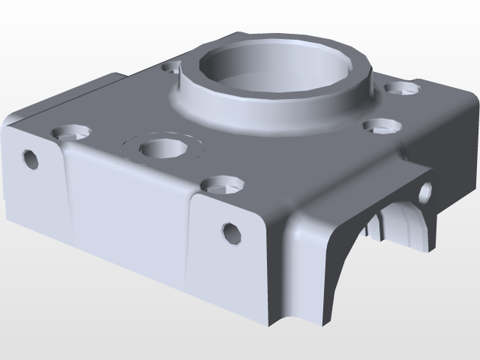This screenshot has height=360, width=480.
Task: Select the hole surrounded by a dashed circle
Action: [x=162, y=148]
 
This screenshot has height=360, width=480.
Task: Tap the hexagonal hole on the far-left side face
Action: [x=31, y=159]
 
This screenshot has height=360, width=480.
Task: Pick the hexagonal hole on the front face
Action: [x=231, y=233]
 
